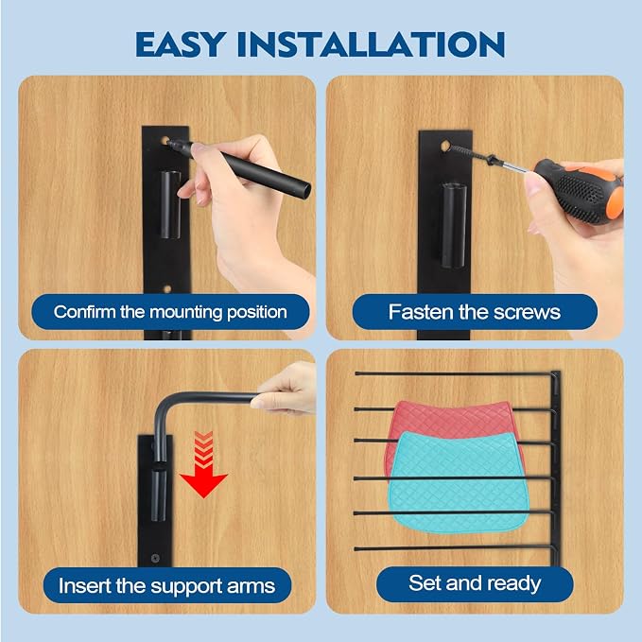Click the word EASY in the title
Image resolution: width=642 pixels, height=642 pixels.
[x=181, y=44]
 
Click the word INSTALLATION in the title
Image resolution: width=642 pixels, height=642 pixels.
[x=371, y=44]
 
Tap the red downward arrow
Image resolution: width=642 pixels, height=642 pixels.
[x=203, y=464]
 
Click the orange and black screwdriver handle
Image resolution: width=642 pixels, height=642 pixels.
[x=581, y=191]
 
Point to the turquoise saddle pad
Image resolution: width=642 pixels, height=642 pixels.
[x=458, y=481]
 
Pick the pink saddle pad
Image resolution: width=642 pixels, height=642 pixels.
[x=450, y=425]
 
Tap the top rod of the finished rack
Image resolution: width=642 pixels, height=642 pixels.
[x=456, y=373]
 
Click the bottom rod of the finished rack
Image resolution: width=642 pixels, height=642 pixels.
[x=456, y=547]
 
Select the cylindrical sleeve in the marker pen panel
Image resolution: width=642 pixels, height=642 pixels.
[x=170, y=204]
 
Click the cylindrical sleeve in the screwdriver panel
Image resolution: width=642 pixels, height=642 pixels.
[x=454, y=226]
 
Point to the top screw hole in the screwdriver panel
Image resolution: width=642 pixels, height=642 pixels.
[x=445, y=145]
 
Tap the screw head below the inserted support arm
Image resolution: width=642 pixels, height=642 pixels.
[x=155, y=558]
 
